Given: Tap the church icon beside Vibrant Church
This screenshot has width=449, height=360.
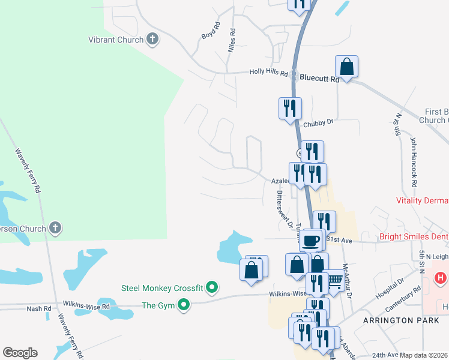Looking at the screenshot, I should (152, 40).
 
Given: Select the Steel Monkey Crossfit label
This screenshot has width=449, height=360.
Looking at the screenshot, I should (162, 288).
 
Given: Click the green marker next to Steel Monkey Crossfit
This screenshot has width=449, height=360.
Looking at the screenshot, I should (211, 288).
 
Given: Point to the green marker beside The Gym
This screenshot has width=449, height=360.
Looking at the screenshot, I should (184, 305).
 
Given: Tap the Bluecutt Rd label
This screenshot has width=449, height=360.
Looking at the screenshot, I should (319, 77).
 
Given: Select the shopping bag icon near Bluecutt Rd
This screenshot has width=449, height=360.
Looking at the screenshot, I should (347, 66).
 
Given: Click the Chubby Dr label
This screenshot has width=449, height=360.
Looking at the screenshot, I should (318, 123).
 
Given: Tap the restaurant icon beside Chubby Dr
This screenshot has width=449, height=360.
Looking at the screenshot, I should (290, 108).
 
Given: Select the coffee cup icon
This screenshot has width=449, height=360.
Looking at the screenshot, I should (310, 240).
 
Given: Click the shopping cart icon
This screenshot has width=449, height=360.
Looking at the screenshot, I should (336, 280).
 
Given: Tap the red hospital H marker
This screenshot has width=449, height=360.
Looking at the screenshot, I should (441, 278).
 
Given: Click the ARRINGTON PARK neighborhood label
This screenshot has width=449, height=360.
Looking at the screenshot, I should (397, 321).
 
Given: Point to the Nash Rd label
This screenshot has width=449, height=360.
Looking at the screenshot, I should (38, 308).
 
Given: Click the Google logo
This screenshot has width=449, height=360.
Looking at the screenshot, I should (20, 353).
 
